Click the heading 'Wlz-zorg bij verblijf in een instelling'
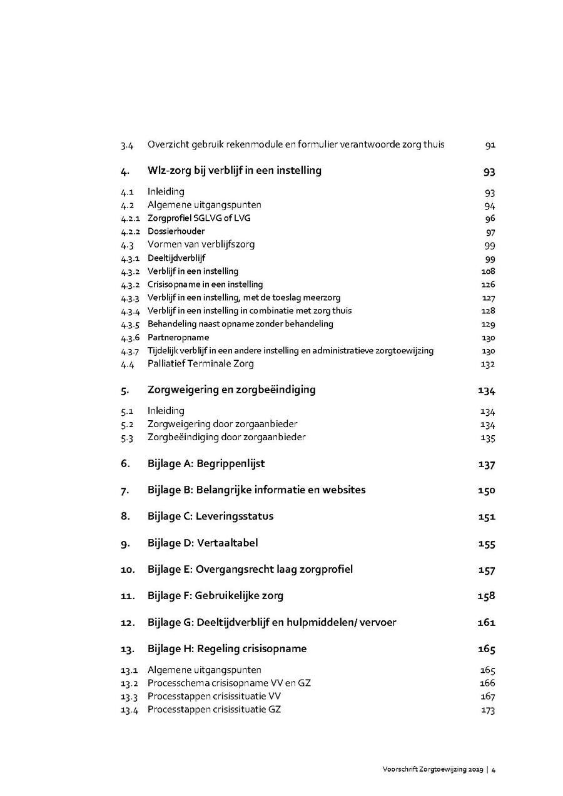coord(235,171)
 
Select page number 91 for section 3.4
coord(490,145)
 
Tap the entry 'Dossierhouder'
coord(176,231)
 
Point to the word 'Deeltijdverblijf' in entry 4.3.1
coord(176,258)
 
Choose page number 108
coord(488,271)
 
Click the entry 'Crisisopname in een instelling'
coord(205,285)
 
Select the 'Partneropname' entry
coord(178,337)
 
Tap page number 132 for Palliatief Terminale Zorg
coord(488,364)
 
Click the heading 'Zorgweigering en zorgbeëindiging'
coord(231,390)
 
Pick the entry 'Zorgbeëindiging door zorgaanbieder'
coord(226,437)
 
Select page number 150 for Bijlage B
coord(486,490)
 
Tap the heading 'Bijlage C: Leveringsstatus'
coord(210,516)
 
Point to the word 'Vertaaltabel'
coord(227,543)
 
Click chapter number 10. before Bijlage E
coord(128,570)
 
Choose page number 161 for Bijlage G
coord(486,622)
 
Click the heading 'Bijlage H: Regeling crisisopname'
coord(227,648)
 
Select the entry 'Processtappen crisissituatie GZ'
coord(214,710)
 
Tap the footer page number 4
coord(494,770)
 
